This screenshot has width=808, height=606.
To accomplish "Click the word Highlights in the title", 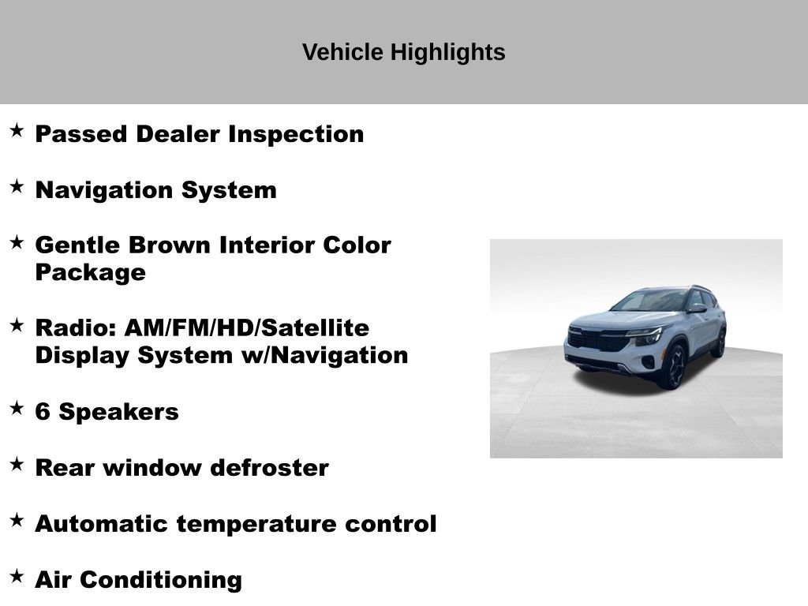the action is tap(447, 53).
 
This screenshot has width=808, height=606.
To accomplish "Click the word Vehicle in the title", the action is tap(342, 52).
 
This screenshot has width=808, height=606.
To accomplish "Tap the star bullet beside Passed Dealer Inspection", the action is tap(17, 130).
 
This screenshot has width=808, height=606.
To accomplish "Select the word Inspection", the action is tap(296, 134).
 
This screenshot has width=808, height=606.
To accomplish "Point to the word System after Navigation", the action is tap(229, 190).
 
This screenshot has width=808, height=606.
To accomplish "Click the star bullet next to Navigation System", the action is tap(17, 186).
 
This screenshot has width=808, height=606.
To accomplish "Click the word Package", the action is tap(91, 273).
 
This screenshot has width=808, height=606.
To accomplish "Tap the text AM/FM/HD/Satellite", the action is tap(247, 328).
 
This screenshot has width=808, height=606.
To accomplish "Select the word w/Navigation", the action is tap(324, 356).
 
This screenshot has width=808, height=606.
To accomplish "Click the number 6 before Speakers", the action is tap(43, 412).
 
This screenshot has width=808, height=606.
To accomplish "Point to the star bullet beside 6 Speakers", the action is tap(17, 408).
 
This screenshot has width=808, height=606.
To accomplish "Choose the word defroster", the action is tap(270, 468).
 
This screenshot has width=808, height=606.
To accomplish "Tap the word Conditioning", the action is tap(161, 581).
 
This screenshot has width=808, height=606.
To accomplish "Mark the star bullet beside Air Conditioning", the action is tap(17, 575).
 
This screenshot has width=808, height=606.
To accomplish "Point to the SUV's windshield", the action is tap(650, 301).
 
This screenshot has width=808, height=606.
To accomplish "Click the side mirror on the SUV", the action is tap(697, 309).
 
